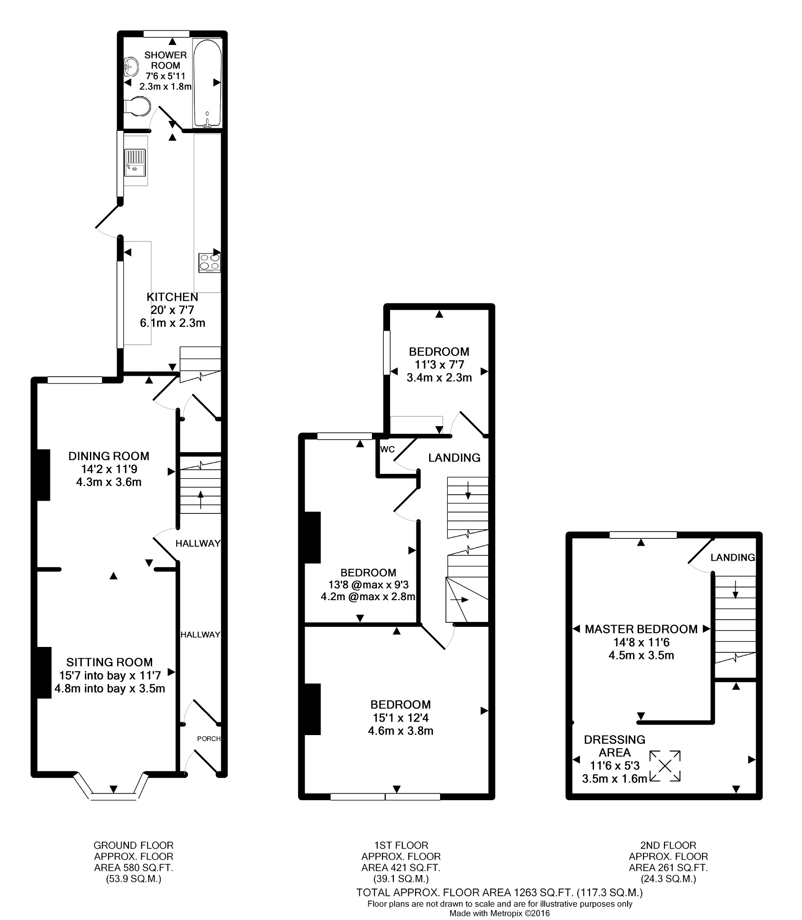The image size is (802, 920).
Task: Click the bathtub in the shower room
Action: tap(207, 83)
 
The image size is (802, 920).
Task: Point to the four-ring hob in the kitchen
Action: tap(209, 263)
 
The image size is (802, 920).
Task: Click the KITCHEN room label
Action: tap(172, 297)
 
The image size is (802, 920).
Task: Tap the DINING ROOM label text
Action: tap(109, 456)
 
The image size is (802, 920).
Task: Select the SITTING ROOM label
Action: tap(109, 662)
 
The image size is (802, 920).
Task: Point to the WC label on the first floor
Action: tap(387, 449)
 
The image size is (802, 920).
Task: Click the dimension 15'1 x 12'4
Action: tap(401, 718)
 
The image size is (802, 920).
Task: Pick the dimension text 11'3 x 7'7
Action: tap(439, 364)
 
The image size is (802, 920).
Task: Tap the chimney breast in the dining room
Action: tap(43, 475)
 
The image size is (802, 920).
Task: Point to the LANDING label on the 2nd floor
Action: tap(733, 557)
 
